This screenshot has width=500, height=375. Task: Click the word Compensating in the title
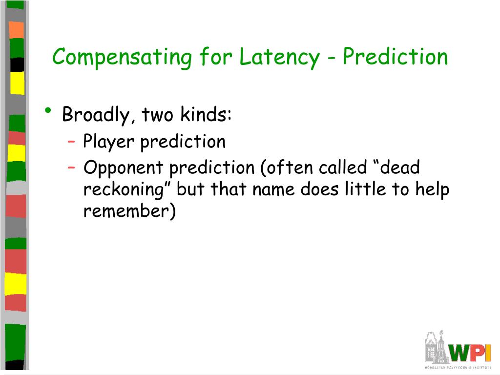[122, 58]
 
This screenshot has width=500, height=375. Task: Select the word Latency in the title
[279, 58]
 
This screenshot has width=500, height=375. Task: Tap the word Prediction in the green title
[395, 57]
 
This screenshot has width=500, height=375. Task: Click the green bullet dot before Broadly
[48, 111]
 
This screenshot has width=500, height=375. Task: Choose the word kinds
[206, 113]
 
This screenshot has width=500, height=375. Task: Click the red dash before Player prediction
[71, 140]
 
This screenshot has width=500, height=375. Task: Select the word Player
[109, 142]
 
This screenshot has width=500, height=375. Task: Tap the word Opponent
[124, 168]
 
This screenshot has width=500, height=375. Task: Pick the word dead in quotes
[400, 167]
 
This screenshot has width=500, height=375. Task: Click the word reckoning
[124, 190]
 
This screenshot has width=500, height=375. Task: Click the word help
[432, 190]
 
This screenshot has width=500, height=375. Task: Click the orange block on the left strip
[16, 30]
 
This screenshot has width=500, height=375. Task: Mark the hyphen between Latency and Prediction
[332, 59]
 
